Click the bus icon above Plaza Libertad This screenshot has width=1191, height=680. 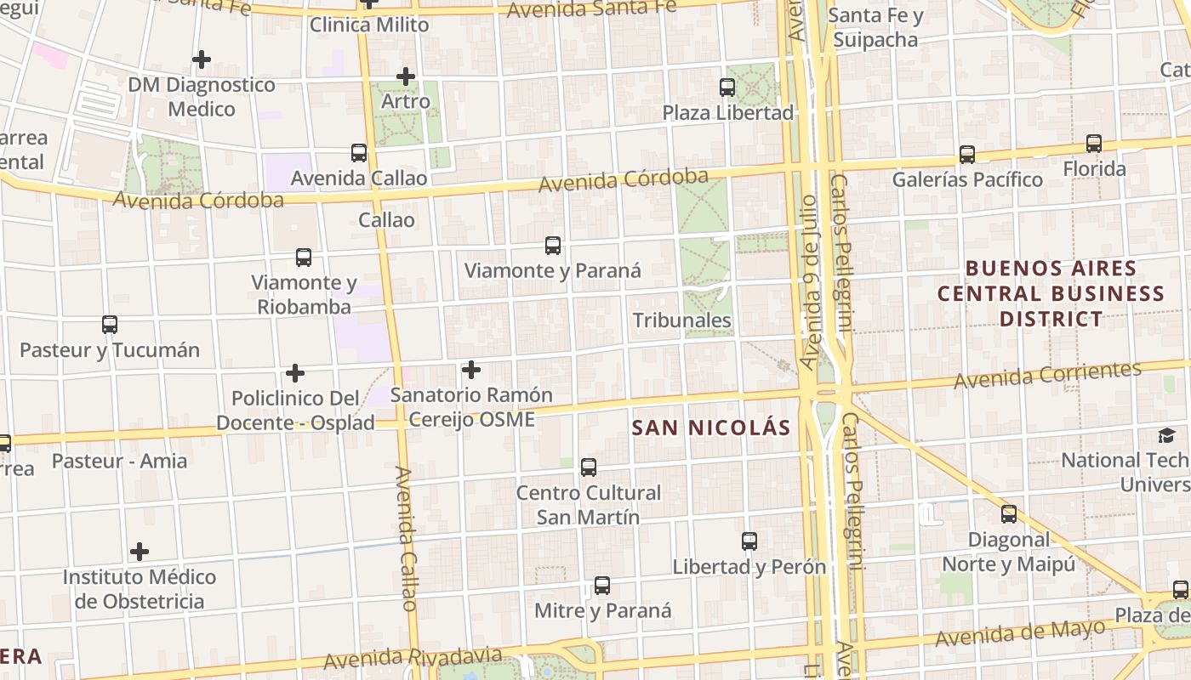pyautogui.click(x=727, y=87)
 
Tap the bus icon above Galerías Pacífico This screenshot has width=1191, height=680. pyautogui.click(x=967, y=154)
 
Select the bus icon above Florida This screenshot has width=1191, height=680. pyautogui.click(x=1094, y=144)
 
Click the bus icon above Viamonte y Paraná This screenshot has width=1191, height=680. pyautogui.click(x=553, y=246)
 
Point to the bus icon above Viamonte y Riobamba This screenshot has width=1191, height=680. pyautogui.click(x=304, y=257)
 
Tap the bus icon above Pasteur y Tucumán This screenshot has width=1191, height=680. pyautogui.click(x=110, y=324)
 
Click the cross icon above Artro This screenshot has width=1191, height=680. pyautogui.click(x=406, y=76)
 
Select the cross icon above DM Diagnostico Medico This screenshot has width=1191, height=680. pyautogui.click(x=202, y=59)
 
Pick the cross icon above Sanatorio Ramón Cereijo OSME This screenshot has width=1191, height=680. pyautogui.click(x=471, y=370)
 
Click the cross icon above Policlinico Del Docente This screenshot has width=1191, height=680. pyautogui.click(x=295, y=373)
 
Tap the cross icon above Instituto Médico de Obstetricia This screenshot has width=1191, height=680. pyautogui.click(x=140, y=552)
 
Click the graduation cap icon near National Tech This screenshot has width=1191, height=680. pyautogui.click(x=1166, y=436)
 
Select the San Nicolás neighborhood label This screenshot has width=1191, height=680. pyautogui.click(x=711, y=428)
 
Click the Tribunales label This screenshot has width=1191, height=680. pyautogui.click(x=682, y=320)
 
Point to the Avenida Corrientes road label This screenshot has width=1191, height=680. pyautogui.click(x=1047, y=375)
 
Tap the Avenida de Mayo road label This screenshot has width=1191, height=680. pyautogui.click(x=1021, y=632)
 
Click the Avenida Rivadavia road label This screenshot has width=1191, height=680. pyautogui.click(x=413, y=658)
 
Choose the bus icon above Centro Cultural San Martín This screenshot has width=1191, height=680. pyautogui.click(x=589, y=467)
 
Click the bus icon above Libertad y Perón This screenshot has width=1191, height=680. pyautogui.click(x=749, y=541)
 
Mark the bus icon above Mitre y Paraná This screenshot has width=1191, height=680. pyautogui.click(x=602, y=585)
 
